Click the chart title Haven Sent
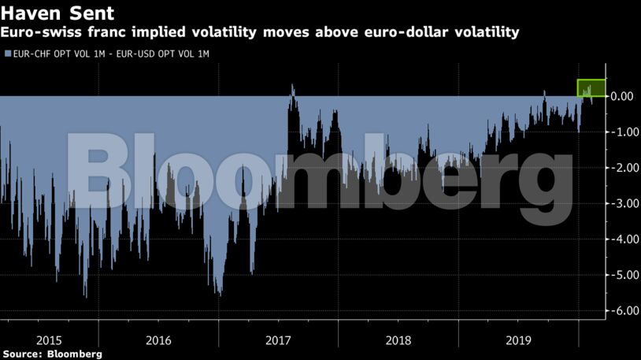57,13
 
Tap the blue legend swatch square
7,54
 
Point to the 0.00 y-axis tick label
623,96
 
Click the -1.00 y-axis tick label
621,132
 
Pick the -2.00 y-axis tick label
621,168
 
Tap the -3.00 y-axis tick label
621,203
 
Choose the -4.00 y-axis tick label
621,239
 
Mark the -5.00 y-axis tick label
621,275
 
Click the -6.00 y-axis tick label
621,310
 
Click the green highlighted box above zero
591,88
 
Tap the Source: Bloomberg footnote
52,354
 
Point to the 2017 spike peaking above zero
292,87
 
